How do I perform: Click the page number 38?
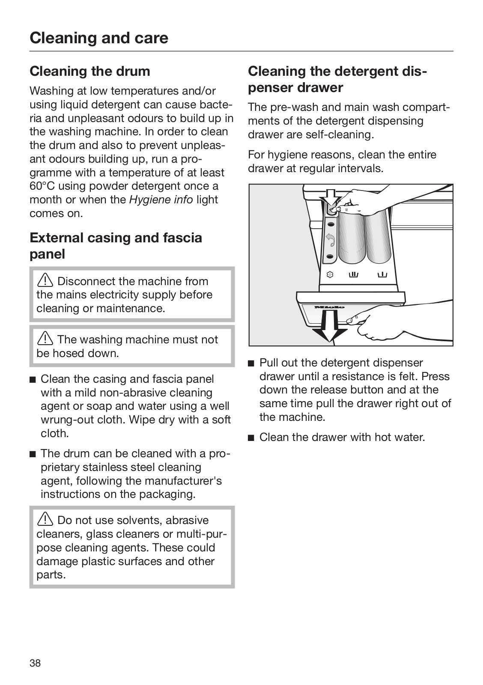point(35,663)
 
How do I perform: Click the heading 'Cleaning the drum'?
point(90,71)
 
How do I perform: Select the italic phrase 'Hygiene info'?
point(161,200)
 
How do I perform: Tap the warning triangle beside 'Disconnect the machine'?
point(45,281)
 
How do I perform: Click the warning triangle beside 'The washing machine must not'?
point(45,340)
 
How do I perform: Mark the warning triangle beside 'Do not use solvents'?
point(45,520)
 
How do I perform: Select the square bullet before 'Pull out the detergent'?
point(251,363)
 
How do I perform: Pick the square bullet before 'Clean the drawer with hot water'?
point(251,438)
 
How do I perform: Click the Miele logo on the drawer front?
point(330,307)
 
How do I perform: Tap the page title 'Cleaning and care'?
point(99,38)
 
